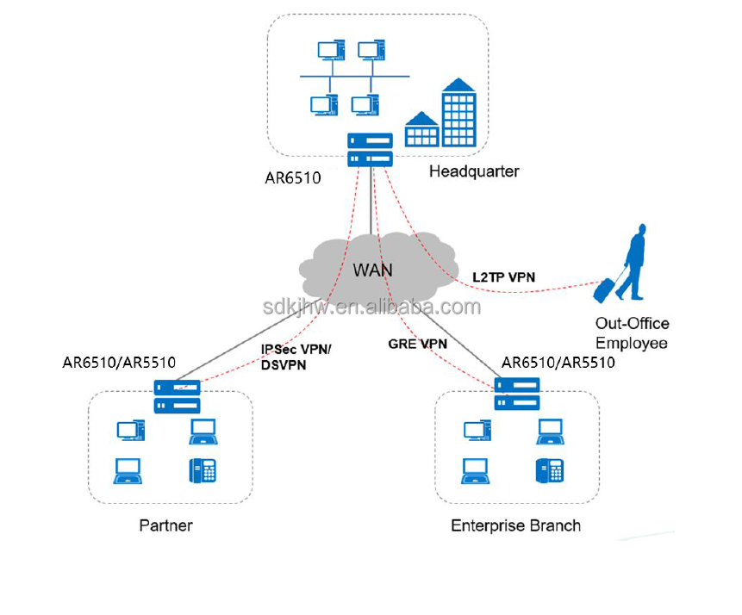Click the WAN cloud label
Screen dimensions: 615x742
point(372,270)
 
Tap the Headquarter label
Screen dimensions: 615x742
point(474,171)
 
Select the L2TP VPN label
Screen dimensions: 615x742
point(503,277)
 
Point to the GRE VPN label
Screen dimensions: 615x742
point(418,343)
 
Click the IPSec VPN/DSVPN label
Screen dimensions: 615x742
point(296,357)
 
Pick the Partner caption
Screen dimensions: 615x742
point(166,525)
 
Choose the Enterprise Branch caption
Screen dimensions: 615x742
point(515,525)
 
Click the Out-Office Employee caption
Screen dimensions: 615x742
point(632,333)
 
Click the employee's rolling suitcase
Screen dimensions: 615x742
point(603,289)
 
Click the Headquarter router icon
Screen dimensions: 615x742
point(371,149)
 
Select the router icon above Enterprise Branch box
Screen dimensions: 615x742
point(517,394)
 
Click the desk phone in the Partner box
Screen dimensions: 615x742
point(203,469)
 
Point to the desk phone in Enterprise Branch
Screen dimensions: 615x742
point(550,470)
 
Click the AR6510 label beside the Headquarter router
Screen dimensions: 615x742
point(293,178)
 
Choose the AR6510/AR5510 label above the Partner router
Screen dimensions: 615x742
point(119,363)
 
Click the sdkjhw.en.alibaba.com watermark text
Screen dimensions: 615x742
point(371,307)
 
